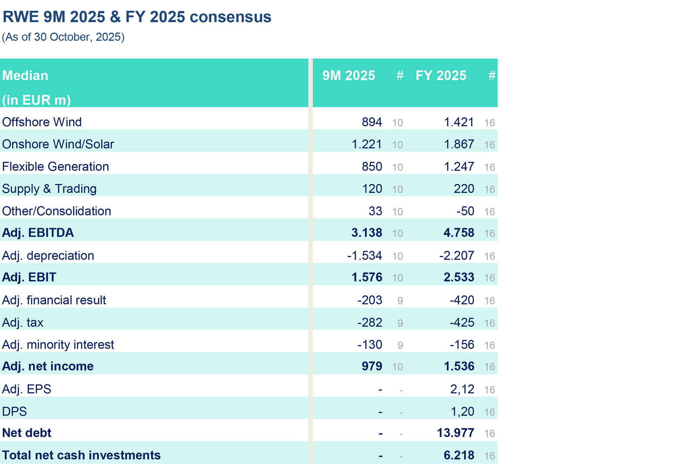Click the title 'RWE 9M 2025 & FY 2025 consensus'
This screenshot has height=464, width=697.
[x=137, y=17]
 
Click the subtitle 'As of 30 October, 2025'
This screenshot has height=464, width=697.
[x=63, y=37]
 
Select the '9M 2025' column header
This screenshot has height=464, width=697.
[x=348, y=76]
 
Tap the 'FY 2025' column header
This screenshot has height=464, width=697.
[x=441, y=76]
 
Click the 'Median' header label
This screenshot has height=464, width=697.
[x=25, y=76]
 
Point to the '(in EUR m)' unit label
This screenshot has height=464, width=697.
[x=37, y=100]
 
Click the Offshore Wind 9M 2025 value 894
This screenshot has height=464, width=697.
[x=372, y=122]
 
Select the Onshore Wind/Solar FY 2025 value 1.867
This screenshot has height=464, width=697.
[x=459, y=145]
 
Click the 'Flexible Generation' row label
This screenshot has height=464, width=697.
[x=55, y=167]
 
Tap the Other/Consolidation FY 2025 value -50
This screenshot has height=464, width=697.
[x=465, y=211]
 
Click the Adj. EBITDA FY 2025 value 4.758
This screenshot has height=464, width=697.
[x=459, y=233]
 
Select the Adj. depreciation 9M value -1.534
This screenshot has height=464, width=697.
[x=364, y=256]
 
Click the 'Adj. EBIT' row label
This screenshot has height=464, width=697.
[x=29, y=277]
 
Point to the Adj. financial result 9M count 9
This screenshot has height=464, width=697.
[x=400, y=301]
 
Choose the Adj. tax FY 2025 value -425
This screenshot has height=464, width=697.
[x=462, y=323]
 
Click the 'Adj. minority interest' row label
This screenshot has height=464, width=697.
[x=58, y=345]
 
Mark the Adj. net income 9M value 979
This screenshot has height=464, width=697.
[x=372, y=366]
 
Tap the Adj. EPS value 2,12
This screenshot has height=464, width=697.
[x=462, y=389]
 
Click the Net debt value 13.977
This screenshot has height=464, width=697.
[x=455, y=433]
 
